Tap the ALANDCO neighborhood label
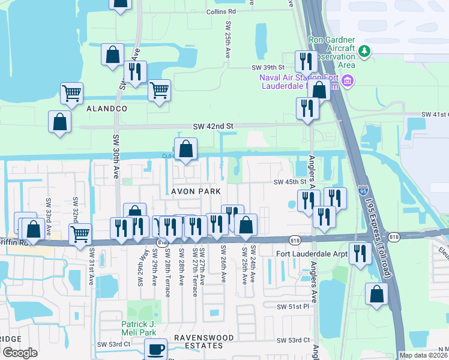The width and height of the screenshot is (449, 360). (107, 109)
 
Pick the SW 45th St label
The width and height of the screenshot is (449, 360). (290, 182)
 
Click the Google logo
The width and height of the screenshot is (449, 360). (20, 353)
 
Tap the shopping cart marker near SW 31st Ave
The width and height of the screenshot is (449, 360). (80, 234)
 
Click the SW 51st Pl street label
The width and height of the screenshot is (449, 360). (292, 307)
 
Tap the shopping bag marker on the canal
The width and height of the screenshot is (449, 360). (186, 149)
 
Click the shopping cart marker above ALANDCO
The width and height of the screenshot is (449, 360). (71, 93)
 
